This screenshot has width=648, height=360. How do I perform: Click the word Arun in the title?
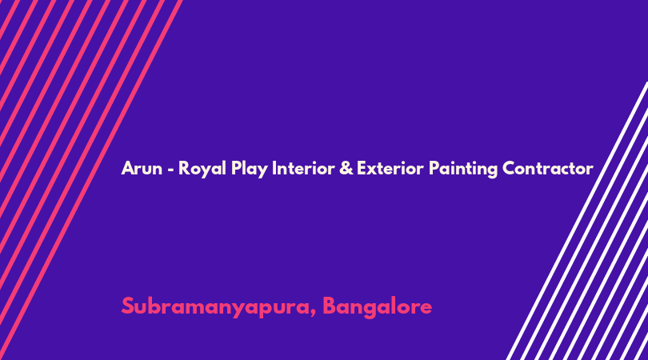point(142,168)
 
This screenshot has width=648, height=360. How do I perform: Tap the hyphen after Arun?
point(170,170)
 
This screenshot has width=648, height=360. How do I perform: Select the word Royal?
point(202,169)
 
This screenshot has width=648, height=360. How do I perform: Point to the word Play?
point(249,169)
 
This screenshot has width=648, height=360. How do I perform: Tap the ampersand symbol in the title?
point(346,168)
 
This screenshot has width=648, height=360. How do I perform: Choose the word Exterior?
point(390,168)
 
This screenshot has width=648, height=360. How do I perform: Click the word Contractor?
point(548,168)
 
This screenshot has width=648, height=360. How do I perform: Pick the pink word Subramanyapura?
point(217,307)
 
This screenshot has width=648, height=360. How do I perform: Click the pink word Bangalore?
point(378,307)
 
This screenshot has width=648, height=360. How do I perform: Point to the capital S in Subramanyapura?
point(128,306)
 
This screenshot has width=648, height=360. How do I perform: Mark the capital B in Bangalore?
point(330,306)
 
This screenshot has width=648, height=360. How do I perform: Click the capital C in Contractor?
point(510,168)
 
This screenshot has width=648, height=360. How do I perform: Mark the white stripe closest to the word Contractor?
point(577,221)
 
